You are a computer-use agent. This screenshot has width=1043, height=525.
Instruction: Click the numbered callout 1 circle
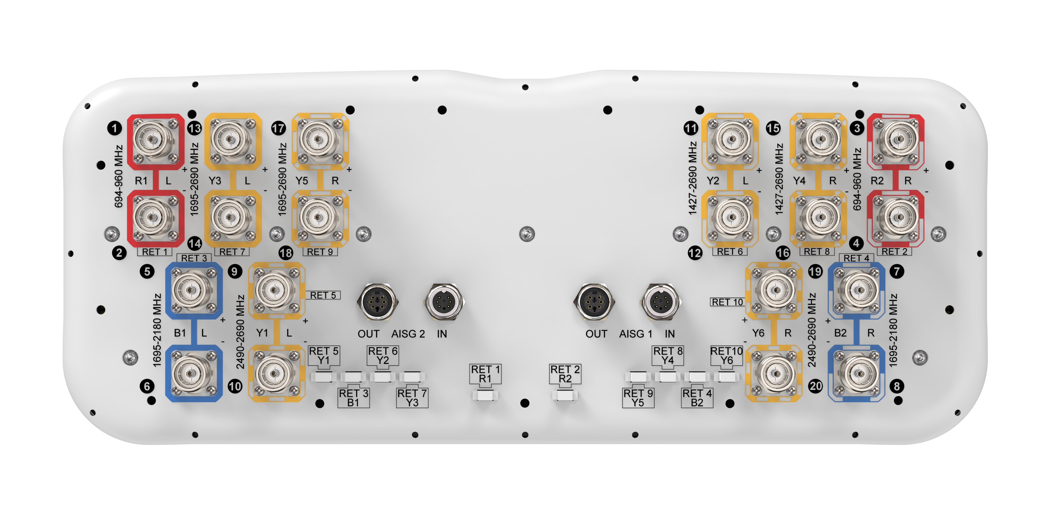coord(115,128)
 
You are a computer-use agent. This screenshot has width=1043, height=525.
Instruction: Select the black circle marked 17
coord(279,128)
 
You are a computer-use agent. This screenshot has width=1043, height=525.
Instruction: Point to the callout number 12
coord(695,253)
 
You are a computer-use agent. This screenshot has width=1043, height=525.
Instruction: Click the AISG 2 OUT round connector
coord(377,302)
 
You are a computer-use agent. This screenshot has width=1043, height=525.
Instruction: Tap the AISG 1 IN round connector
coord(661,302)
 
